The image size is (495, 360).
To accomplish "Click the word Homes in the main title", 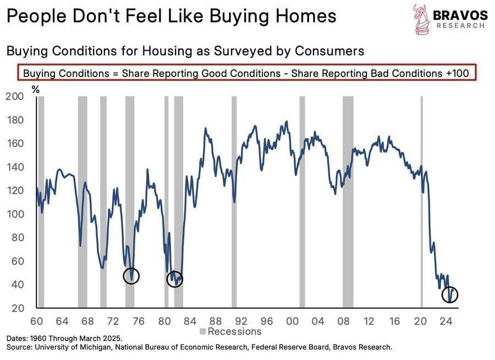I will click(302, 16).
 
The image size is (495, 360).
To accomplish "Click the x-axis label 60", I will click(37, 321).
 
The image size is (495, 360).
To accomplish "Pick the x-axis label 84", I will click(190, 321).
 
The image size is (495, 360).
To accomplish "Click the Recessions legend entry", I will click(231, 332).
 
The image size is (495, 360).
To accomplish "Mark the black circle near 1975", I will click(131, 275).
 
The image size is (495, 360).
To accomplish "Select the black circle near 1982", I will click(175, 279).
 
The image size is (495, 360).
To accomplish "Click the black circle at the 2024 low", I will click(450, 295).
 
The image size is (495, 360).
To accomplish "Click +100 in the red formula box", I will click(460, 73).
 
